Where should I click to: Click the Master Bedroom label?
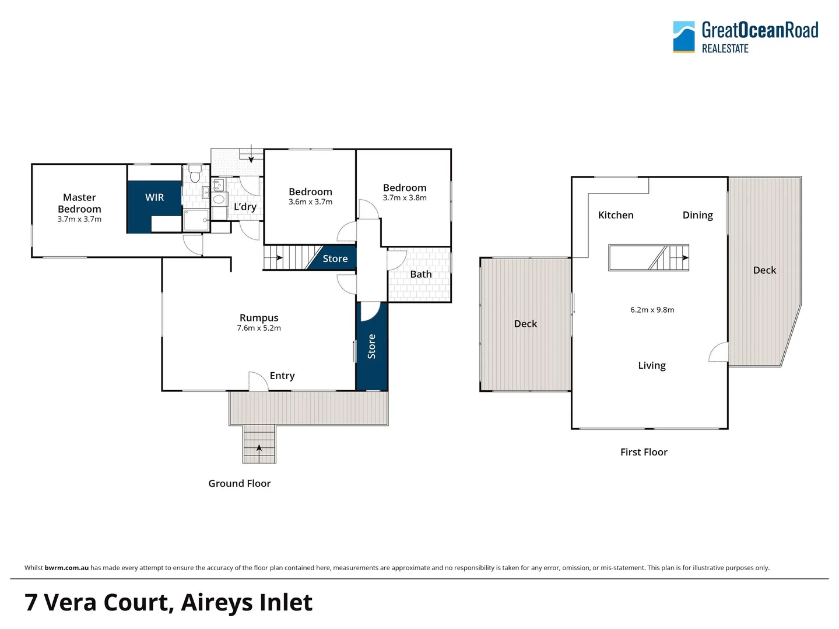pos(79,203)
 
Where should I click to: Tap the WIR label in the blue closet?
pos(155,197)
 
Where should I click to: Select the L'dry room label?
pos(245,207)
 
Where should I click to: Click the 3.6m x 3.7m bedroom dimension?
pos(310,202)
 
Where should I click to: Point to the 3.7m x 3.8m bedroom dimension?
pos(405,198)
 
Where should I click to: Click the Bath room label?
pos(420,274)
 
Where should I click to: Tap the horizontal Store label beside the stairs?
pos(335,259)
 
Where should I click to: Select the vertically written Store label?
pos(371,347)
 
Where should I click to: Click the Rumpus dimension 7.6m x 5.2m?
pos(259,328)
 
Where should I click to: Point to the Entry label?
pos(282,376)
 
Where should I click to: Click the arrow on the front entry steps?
pos(259,448)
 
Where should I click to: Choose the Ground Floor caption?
pos(240,483)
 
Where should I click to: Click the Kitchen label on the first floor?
pos(616,215)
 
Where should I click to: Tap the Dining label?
pos(697,215)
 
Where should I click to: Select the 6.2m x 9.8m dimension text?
pos(652,310)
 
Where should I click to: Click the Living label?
pos(651,365)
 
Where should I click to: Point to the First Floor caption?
pos(644,452)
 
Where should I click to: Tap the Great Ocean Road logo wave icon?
pos(683,37)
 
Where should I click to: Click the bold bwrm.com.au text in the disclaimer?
pos(66,568)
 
